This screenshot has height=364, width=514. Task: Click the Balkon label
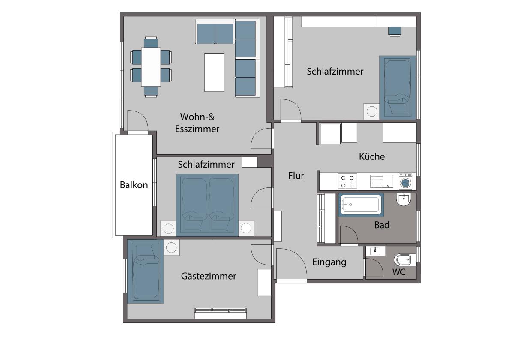[134, 185]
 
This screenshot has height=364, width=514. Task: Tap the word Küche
[372, 156]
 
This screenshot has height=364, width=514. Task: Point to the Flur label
[296, 176]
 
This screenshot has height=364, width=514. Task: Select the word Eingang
[329, 262]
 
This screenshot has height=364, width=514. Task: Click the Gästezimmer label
[208, 276]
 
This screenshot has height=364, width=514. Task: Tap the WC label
[399, 272]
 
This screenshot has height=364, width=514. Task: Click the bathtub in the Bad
[361, 205]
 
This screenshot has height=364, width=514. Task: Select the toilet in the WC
[405, 259]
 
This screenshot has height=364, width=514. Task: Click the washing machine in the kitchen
[407, 181]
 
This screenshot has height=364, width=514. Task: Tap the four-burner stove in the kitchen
[347, 181]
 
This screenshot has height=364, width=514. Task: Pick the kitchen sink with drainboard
[381, 181]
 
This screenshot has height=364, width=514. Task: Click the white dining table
[151, 67]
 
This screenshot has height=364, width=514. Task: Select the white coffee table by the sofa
[214, 72]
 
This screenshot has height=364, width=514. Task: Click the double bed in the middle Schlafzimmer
[207, 205]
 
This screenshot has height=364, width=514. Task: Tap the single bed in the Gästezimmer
[146, 271]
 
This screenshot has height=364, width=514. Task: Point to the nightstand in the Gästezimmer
[172, 247]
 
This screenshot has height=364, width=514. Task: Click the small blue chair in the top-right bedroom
[395, 31]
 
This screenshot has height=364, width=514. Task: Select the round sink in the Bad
[403, 199]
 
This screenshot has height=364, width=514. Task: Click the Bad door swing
[349, 235]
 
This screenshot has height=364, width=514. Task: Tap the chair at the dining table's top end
[151, 42]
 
